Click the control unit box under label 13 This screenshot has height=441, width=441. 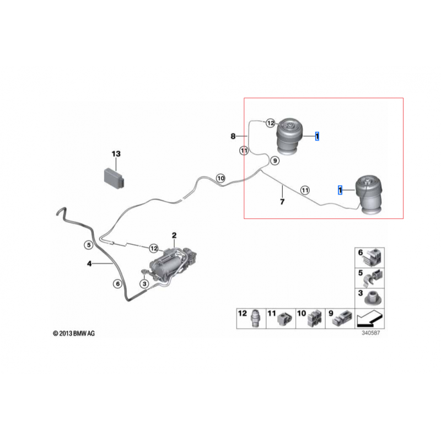pos(115,179)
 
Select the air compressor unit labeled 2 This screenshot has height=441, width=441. pos(171,263)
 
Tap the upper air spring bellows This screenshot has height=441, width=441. pos(290,136)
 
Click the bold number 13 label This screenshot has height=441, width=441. pos(116,154)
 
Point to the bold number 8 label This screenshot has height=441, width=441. pos(233,136)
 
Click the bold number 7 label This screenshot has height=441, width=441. pos(282,202)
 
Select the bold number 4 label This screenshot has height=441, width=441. pos(89,263)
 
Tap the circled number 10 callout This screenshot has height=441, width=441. pos(221,178)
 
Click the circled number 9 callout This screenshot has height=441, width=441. pos(275,161)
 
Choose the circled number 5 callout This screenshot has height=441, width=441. pos(89,245)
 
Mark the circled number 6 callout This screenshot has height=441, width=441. pos(118,284)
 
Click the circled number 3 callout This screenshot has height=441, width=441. pos(144,284)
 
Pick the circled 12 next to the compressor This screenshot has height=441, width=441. pos(154,249)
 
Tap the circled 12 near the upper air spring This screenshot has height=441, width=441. pos(271,123)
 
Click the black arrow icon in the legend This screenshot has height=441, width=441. pos(369,319)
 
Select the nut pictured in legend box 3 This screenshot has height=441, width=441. pos(373,298)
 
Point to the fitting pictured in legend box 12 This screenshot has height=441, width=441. pos(255,319)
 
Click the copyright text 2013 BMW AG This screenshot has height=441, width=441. pos(74,334)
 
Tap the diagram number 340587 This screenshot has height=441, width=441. pos(370,333)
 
